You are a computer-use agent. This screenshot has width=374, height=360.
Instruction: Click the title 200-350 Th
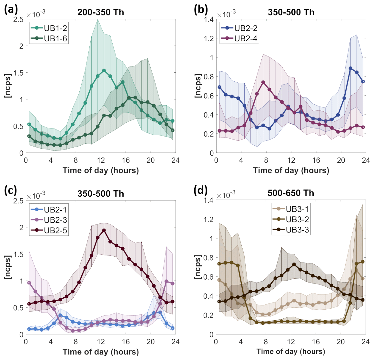pos(101,12)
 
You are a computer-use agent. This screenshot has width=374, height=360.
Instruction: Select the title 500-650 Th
pos(291,193)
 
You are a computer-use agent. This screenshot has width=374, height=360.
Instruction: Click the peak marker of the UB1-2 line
pos(104,70)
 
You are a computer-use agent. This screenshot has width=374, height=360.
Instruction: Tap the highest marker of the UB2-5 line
pos(104,231)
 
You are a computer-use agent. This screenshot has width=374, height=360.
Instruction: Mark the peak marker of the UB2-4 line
pos(263,82)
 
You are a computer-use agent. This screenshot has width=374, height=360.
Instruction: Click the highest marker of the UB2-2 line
pos(350,68)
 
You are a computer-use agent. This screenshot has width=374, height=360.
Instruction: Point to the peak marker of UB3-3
pos(294,264)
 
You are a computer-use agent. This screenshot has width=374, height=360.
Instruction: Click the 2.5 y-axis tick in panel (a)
pos(19,19)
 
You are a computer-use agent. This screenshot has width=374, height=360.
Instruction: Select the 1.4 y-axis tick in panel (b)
pos(209,19)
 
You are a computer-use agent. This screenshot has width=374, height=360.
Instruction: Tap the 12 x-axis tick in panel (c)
pos(101,342)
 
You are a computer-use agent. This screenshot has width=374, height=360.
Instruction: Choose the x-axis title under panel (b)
pos(291,170)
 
